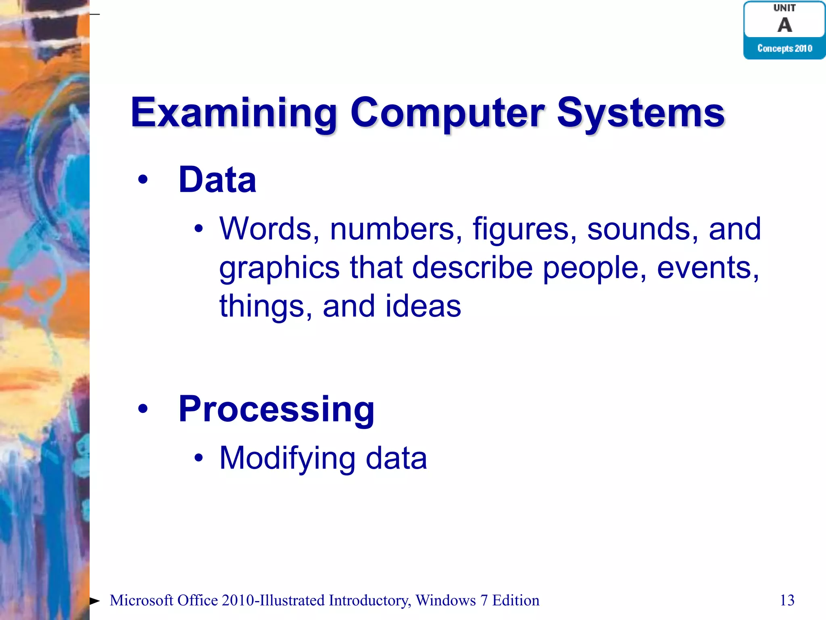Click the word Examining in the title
234,113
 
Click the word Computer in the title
448,113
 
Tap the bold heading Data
217,180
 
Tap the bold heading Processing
277,409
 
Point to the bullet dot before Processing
143,409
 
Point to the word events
708,268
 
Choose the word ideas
423,306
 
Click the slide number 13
787,600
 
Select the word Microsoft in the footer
142,601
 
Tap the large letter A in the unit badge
784,25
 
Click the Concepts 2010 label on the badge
784,48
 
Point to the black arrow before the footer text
95,601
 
